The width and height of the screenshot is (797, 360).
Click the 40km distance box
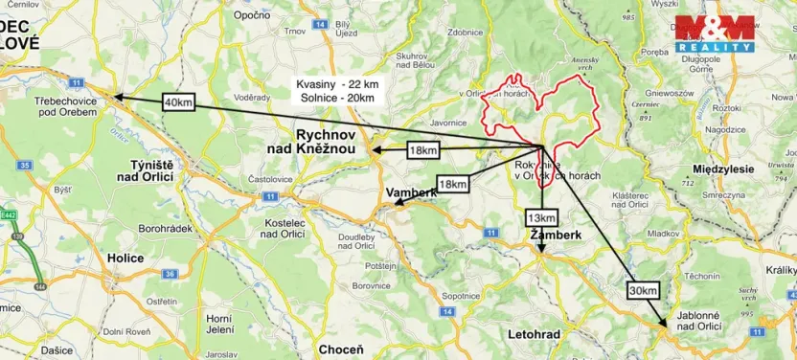[x=179, y=101]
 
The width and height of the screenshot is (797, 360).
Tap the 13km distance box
[x=539, y=217]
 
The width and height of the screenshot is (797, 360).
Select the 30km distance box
[x=644, y=290]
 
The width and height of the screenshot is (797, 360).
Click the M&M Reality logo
[x=715, y=34]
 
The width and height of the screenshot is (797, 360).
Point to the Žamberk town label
[x=556, y=234]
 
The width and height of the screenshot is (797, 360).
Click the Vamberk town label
[x=411, y=193]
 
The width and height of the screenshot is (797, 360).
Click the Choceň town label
[x=341, y=349]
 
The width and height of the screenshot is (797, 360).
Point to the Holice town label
[x=125, y=259]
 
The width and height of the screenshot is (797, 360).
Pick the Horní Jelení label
[x=220, y=325]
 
